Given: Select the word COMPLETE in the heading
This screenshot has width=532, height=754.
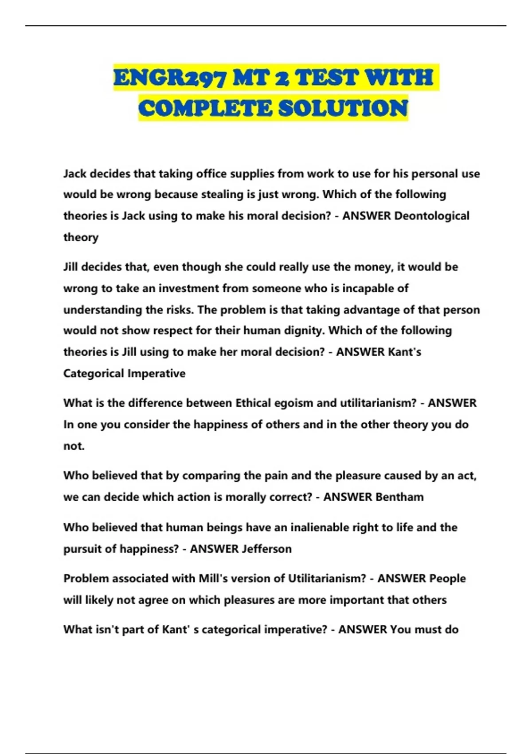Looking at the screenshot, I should [205, 109].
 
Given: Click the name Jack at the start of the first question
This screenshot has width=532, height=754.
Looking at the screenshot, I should [75, 173].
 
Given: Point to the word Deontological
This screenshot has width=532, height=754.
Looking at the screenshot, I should [431, 216].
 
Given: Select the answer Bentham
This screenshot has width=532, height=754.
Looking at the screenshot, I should [399, 497].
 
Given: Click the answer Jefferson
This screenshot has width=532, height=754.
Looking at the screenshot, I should [266, 549].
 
